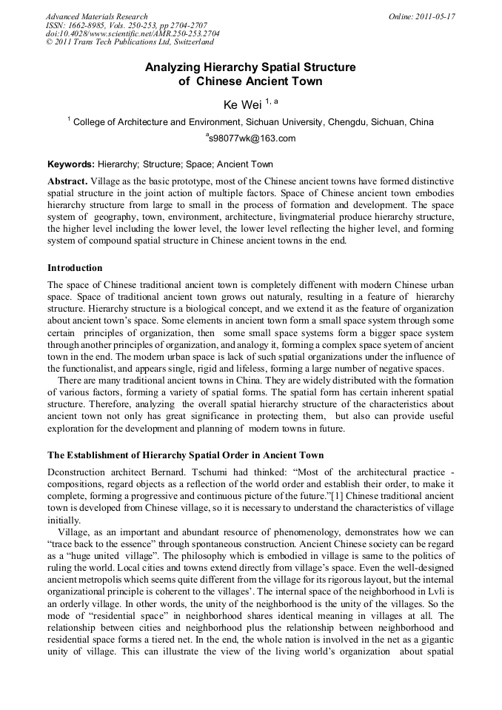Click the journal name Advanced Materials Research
96,16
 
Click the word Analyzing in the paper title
175,67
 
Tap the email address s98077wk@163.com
252,138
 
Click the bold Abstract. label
67,181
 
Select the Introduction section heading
75,267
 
